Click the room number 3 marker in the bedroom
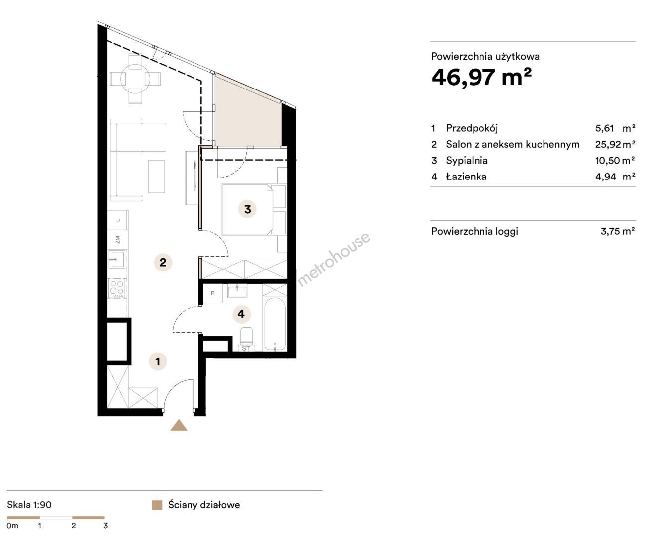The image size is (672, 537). point(247,209)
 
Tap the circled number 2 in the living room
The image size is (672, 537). point(163,262)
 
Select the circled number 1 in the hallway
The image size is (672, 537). point(158,361)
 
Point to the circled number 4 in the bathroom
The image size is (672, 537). point(241,314)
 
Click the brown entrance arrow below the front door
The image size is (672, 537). point(179,425)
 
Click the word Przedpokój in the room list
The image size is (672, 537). point(472,128)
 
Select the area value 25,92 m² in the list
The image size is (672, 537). point(615,144)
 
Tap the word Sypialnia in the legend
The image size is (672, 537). point(467,161)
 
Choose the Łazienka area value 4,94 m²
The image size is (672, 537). point(615,177)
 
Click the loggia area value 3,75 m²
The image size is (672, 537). point(618,231)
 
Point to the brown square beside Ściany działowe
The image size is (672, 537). point(157,505)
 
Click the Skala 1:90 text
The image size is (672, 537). point(29,505)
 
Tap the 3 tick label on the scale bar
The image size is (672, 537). point(105,526)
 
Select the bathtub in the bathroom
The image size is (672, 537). point(275,325)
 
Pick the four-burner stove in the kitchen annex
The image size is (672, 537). point(117,288)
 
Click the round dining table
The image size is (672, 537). point(135,79)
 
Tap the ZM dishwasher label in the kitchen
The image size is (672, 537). point(117,240)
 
